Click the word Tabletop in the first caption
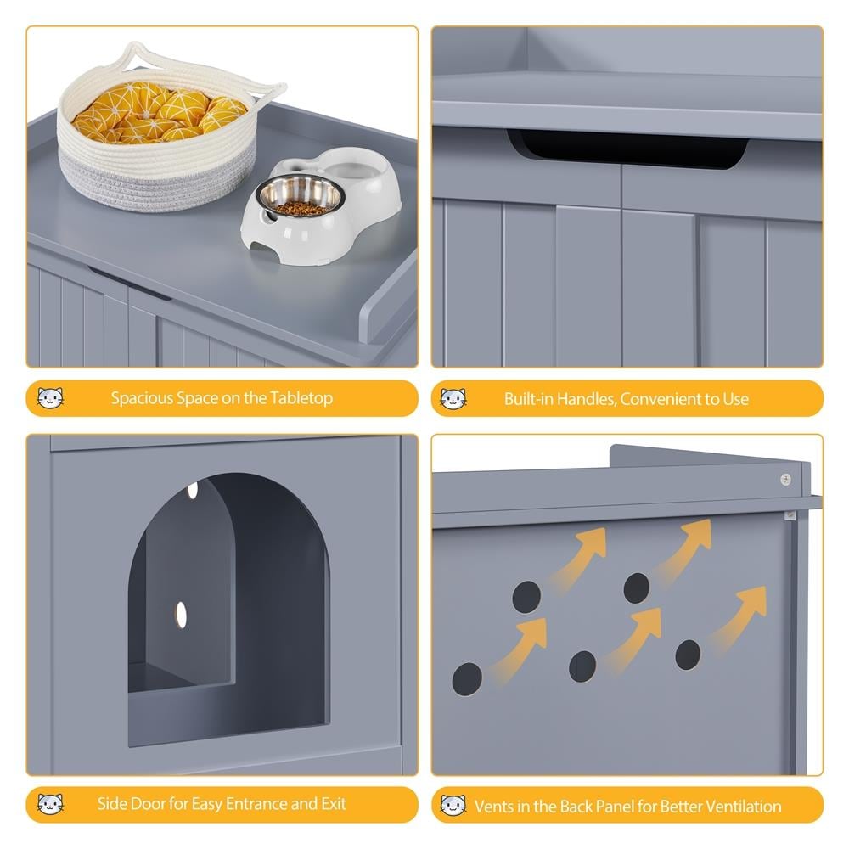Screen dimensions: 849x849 click(x=301, y=398)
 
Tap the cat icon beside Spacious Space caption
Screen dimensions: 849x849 click(x=50, y=398)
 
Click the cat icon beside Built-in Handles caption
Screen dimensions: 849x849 click(x=453, y=399)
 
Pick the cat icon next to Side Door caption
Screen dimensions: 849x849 click(x=50, y=804)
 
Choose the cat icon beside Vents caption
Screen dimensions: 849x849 click(x=453, y=806)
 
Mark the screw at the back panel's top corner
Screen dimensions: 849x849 click(x=785, y=479)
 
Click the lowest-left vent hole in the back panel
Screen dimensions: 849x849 click(x=467, y=678)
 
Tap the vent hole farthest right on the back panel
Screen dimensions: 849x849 click(x=688, y=655)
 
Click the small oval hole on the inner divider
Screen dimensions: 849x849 click(x=182, y=615)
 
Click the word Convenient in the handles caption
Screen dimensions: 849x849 click(x=678, y=399)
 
